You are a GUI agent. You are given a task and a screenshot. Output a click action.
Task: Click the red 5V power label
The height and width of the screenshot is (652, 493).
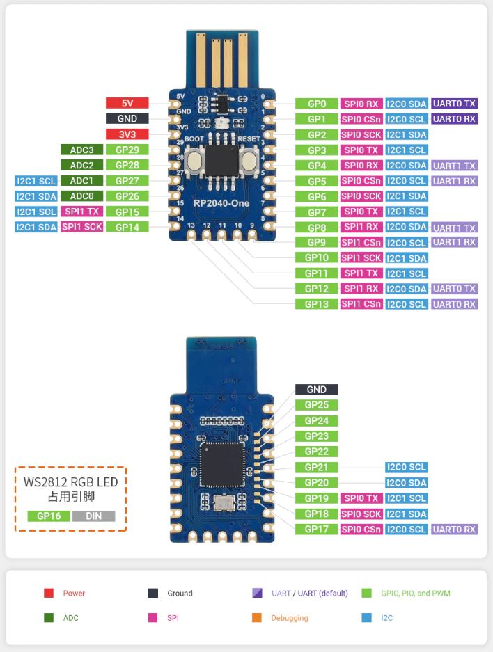(x=127, y=103)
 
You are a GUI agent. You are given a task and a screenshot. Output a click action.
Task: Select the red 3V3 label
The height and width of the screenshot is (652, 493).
(x=127, y=134)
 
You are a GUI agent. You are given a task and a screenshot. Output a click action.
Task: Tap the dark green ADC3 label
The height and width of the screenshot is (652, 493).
(x=81, y=150)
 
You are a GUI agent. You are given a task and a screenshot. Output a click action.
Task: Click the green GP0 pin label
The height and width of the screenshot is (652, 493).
(x=317, y=104)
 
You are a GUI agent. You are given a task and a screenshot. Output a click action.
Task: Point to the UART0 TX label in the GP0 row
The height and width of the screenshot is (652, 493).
(x=454, y=104)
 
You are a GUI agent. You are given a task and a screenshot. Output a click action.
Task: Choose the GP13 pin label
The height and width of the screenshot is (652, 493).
(x=317, y=304)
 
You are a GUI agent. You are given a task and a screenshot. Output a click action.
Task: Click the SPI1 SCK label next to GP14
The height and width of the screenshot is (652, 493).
(x=81, y=227)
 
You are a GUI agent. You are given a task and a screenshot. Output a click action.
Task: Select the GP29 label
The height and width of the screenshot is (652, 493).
(x=127, y=150)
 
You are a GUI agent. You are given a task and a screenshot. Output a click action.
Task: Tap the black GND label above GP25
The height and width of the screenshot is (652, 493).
(x=317, y=390)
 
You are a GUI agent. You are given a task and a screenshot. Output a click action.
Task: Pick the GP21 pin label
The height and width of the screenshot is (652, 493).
(x=317, y=468)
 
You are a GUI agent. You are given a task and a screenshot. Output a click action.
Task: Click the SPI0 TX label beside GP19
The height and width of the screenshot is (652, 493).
(x=361, y=498)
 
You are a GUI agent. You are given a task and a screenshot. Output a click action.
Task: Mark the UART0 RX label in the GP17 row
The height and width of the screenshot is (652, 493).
(x=454, y=530)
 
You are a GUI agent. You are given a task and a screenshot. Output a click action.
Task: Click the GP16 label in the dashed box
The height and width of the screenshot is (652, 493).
(x=49, y=516)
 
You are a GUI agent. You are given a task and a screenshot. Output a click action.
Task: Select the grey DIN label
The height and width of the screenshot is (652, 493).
(x=93, y=516)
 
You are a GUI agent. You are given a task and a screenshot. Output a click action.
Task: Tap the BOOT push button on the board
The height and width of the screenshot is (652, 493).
(x=194, y=160)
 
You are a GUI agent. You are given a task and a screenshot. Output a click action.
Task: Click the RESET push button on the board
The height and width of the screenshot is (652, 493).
(x=249, y=160)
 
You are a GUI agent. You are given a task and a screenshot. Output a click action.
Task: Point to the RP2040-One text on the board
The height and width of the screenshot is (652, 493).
(x=221, y=203)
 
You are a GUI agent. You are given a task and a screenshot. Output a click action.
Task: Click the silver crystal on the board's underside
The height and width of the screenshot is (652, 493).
(x=224, y=502)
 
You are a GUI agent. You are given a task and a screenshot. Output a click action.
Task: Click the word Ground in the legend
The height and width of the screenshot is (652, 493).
(x=180, y=594)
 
